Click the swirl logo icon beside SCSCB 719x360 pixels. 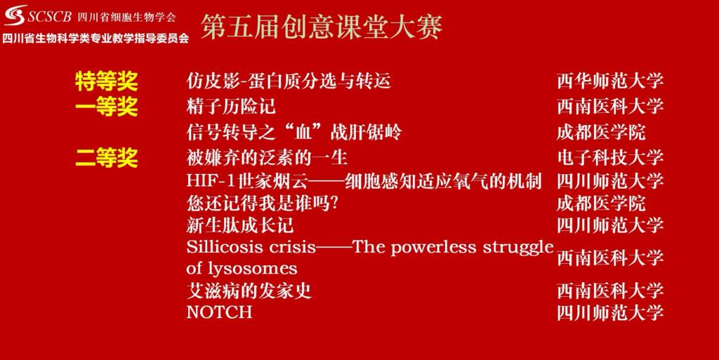point(15,15)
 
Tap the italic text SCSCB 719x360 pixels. point(50,17)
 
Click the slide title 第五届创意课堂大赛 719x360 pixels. point(322,27)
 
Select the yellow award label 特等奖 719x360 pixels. point(107,81)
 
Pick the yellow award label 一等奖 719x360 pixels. point(107,107)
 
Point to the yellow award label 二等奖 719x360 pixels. point(107,159)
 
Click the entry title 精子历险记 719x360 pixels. point(231,107)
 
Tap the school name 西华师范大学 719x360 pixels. point(610,81)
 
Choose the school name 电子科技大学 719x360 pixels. point(610,158)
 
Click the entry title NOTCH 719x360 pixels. point(219,312)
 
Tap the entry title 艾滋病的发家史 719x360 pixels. point(249,291)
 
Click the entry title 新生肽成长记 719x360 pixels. point(240,225)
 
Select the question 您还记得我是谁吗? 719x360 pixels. point(262,204)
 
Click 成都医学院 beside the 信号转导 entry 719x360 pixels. point(601,133)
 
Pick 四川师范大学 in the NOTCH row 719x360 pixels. point(610,313)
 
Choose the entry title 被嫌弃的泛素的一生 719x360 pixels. point(267,158)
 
